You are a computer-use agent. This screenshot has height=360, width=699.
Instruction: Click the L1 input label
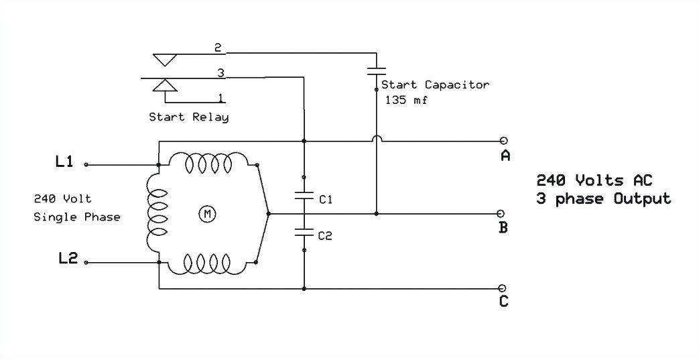coord(64,162)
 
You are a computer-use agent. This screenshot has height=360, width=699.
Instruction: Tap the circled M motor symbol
coord(207,214)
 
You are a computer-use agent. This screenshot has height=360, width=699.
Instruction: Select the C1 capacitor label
coord(326,200)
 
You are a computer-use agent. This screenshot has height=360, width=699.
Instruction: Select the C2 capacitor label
coord(326,235)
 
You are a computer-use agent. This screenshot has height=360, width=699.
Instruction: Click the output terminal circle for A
coord(503,141)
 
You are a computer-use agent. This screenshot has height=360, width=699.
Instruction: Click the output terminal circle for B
coord(500,214)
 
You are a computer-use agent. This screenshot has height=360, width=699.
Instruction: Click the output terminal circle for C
coord(503,289)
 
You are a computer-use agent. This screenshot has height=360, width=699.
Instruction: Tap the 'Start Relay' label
coord(188,117)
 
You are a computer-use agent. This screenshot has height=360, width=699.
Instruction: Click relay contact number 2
coord(218,48)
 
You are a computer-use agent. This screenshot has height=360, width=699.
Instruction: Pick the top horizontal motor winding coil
coord(208,162)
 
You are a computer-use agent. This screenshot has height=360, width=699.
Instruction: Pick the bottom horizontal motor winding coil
coord(208,263)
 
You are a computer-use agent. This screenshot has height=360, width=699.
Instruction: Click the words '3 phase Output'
coord(602,199)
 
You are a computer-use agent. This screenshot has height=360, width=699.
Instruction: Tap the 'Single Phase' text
coord(77,217)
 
